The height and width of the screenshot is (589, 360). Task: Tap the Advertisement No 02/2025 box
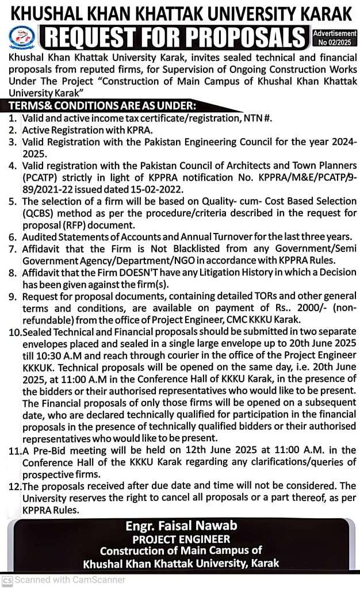[334, 38]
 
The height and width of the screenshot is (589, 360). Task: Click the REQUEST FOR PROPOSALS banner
[174, 38]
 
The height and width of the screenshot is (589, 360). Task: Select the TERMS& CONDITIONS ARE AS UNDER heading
[102, 106]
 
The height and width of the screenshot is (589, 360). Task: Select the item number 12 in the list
[13, 486]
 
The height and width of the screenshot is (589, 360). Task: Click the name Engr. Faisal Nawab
[180, 526]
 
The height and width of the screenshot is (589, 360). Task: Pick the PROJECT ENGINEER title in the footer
[181, 539]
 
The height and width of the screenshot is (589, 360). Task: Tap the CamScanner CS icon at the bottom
[7, 580]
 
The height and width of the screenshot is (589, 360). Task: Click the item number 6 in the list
[13, 236]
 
